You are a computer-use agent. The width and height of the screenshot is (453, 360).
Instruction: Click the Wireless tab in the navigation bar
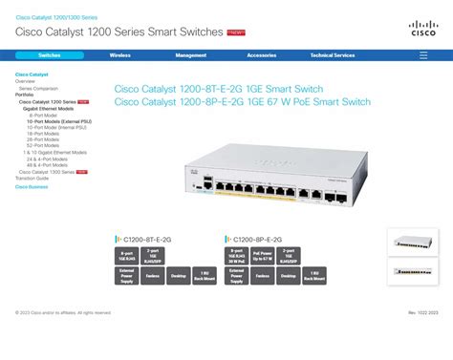tap(120, 55)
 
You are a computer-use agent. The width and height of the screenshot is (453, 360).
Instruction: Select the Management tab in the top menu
tap(191, 55)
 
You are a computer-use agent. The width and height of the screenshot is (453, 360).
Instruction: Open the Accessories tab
tap(261, 55)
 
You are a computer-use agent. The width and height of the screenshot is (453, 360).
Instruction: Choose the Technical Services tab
tap(333, 55)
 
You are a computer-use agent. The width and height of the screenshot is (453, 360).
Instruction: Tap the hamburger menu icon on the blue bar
tap(423, 55)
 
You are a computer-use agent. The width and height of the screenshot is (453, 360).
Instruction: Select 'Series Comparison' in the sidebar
tap(39, 88)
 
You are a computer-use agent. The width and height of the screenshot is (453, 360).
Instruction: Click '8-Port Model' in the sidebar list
tap(44, 116)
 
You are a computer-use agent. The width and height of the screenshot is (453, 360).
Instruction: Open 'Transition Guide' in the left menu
tap(32, 178)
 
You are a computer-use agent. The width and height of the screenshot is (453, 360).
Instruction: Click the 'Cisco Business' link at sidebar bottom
tap(32, 186)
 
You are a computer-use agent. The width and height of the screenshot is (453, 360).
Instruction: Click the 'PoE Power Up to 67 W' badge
tap(263, 256)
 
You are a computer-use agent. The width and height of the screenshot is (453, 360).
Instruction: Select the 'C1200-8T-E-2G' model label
tap(147, 239)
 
